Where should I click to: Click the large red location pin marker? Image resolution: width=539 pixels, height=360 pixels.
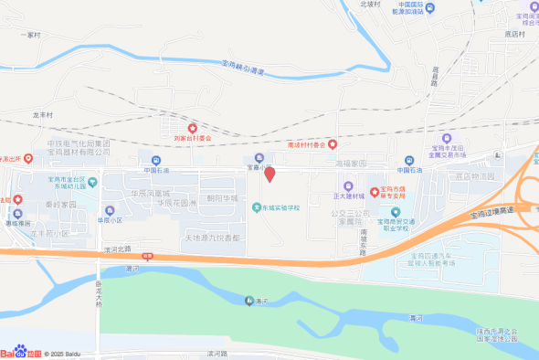pos(269,175)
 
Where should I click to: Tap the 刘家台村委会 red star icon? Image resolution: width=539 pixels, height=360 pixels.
pos(192,128)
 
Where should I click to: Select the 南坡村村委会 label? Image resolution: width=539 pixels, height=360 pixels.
pos(306,144)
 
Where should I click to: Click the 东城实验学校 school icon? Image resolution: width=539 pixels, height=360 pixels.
pos(257,207)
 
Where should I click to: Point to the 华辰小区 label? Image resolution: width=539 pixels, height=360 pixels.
pos(111,221)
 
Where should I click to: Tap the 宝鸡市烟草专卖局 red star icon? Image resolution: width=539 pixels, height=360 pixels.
pos(375,190)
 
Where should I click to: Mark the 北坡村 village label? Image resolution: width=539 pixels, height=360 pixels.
pos(369,5)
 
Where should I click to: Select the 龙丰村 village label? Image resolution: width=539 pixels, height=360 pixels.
pos(43,116)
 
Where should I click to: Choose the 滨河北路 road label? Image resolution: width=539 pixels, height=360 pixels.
pos(118,248)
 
